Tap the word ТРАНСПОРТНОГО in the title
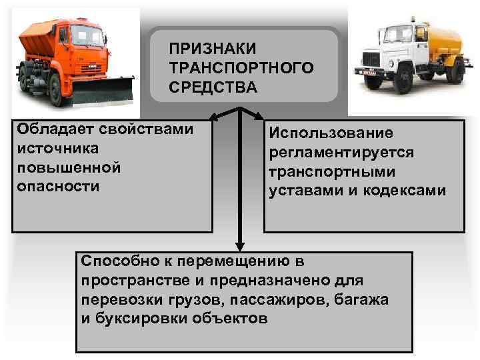tap(241, 69)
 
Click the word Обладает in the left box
tap(47, 128)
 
